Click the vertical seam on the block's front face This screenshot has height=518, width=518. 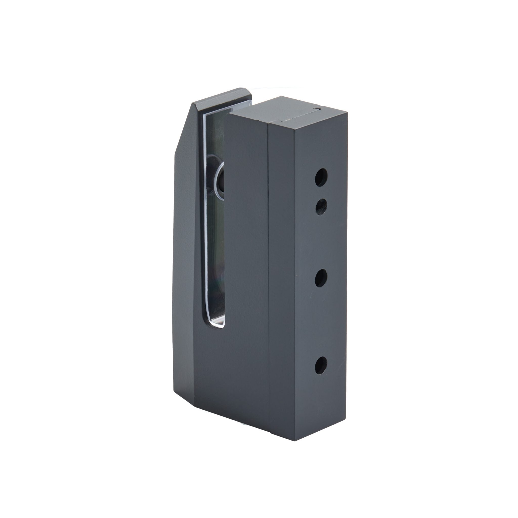pos(269,268)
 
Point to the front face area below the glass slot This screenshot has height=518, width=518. pos(231,375)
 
